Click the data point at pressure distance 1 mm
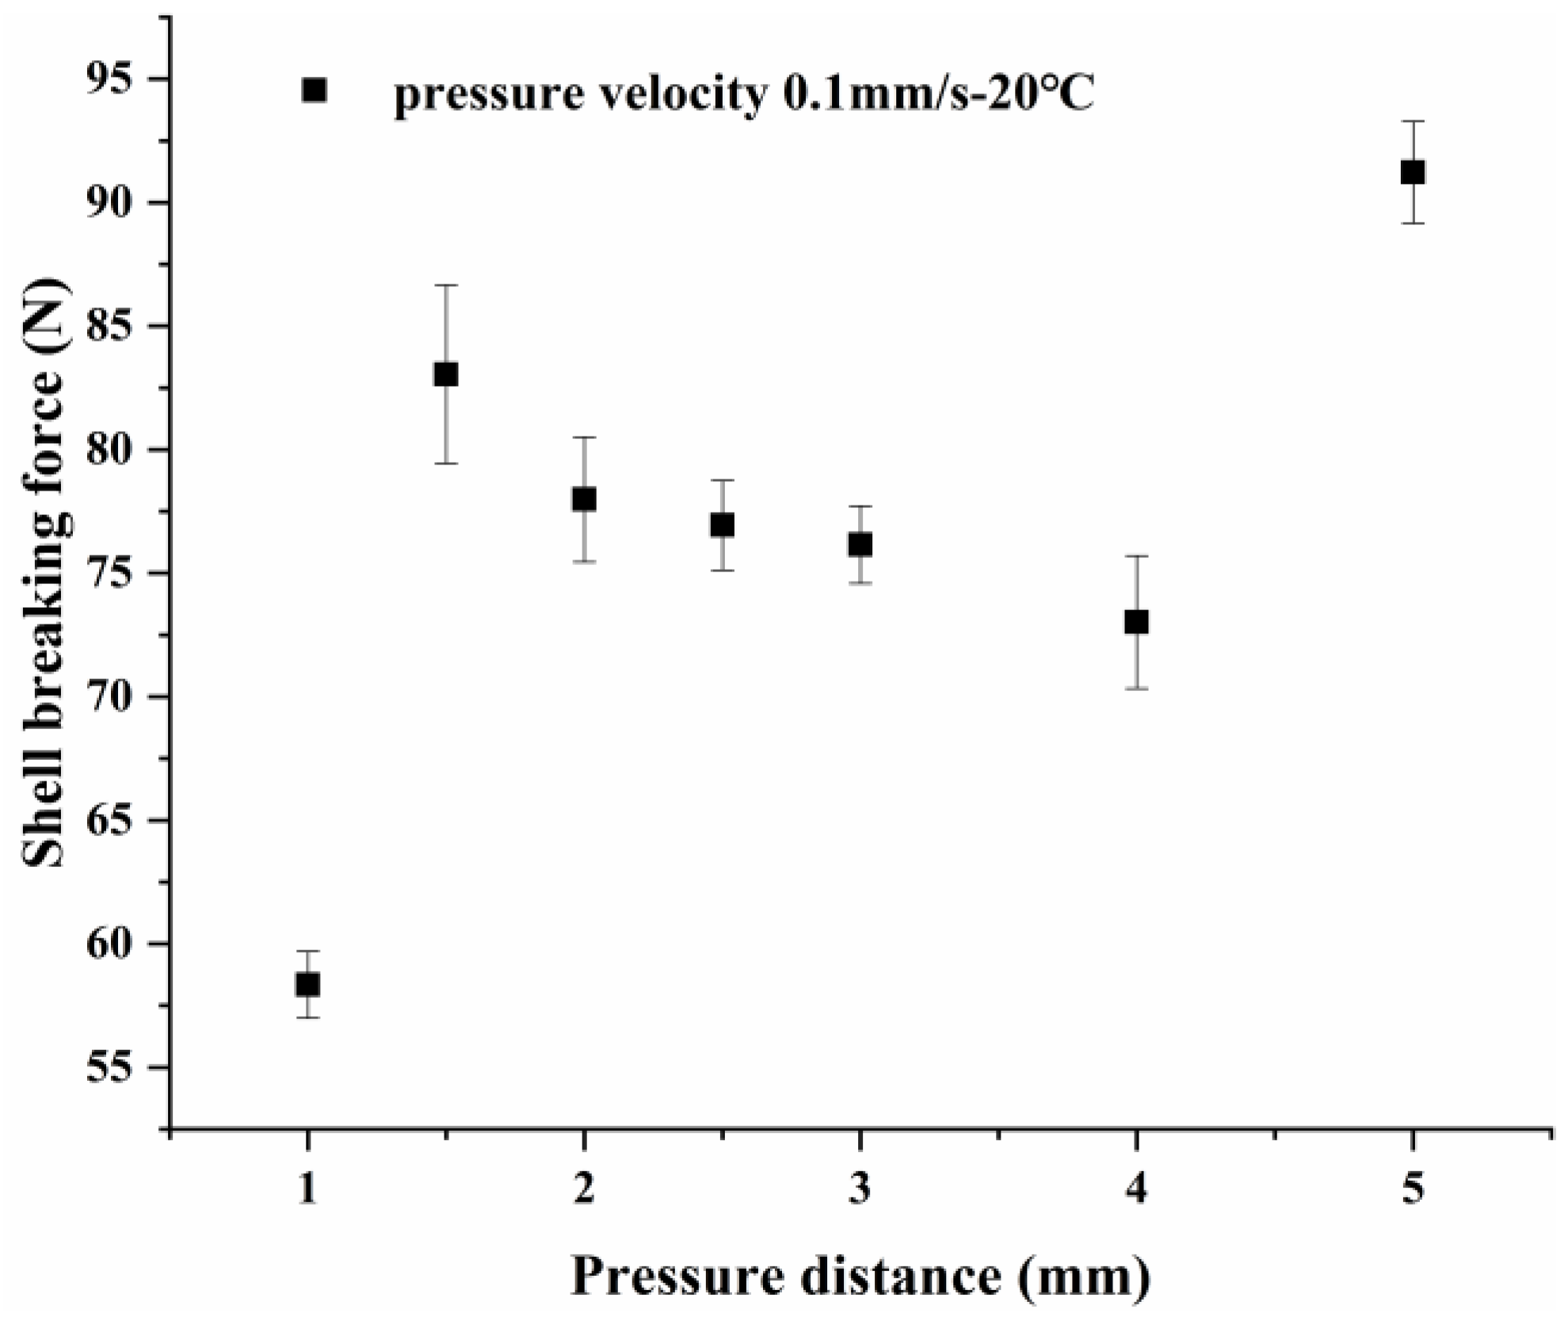307,985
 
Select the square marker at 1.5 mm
446,375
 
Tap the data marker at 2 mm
584,499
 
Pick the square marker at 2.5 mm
722,525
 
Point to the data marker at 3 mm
860,544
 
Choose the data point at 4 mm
1136,622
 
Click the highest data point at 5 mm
1413,172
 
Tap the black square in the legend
315,90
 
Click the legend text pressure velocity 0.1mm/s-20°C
744,95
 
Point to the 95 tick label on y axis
116,80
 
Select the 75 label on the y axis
116,574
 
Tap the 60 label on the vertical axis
116,945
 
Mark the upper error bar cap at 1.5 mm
446,284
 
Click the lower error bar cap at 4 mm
1136,689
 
